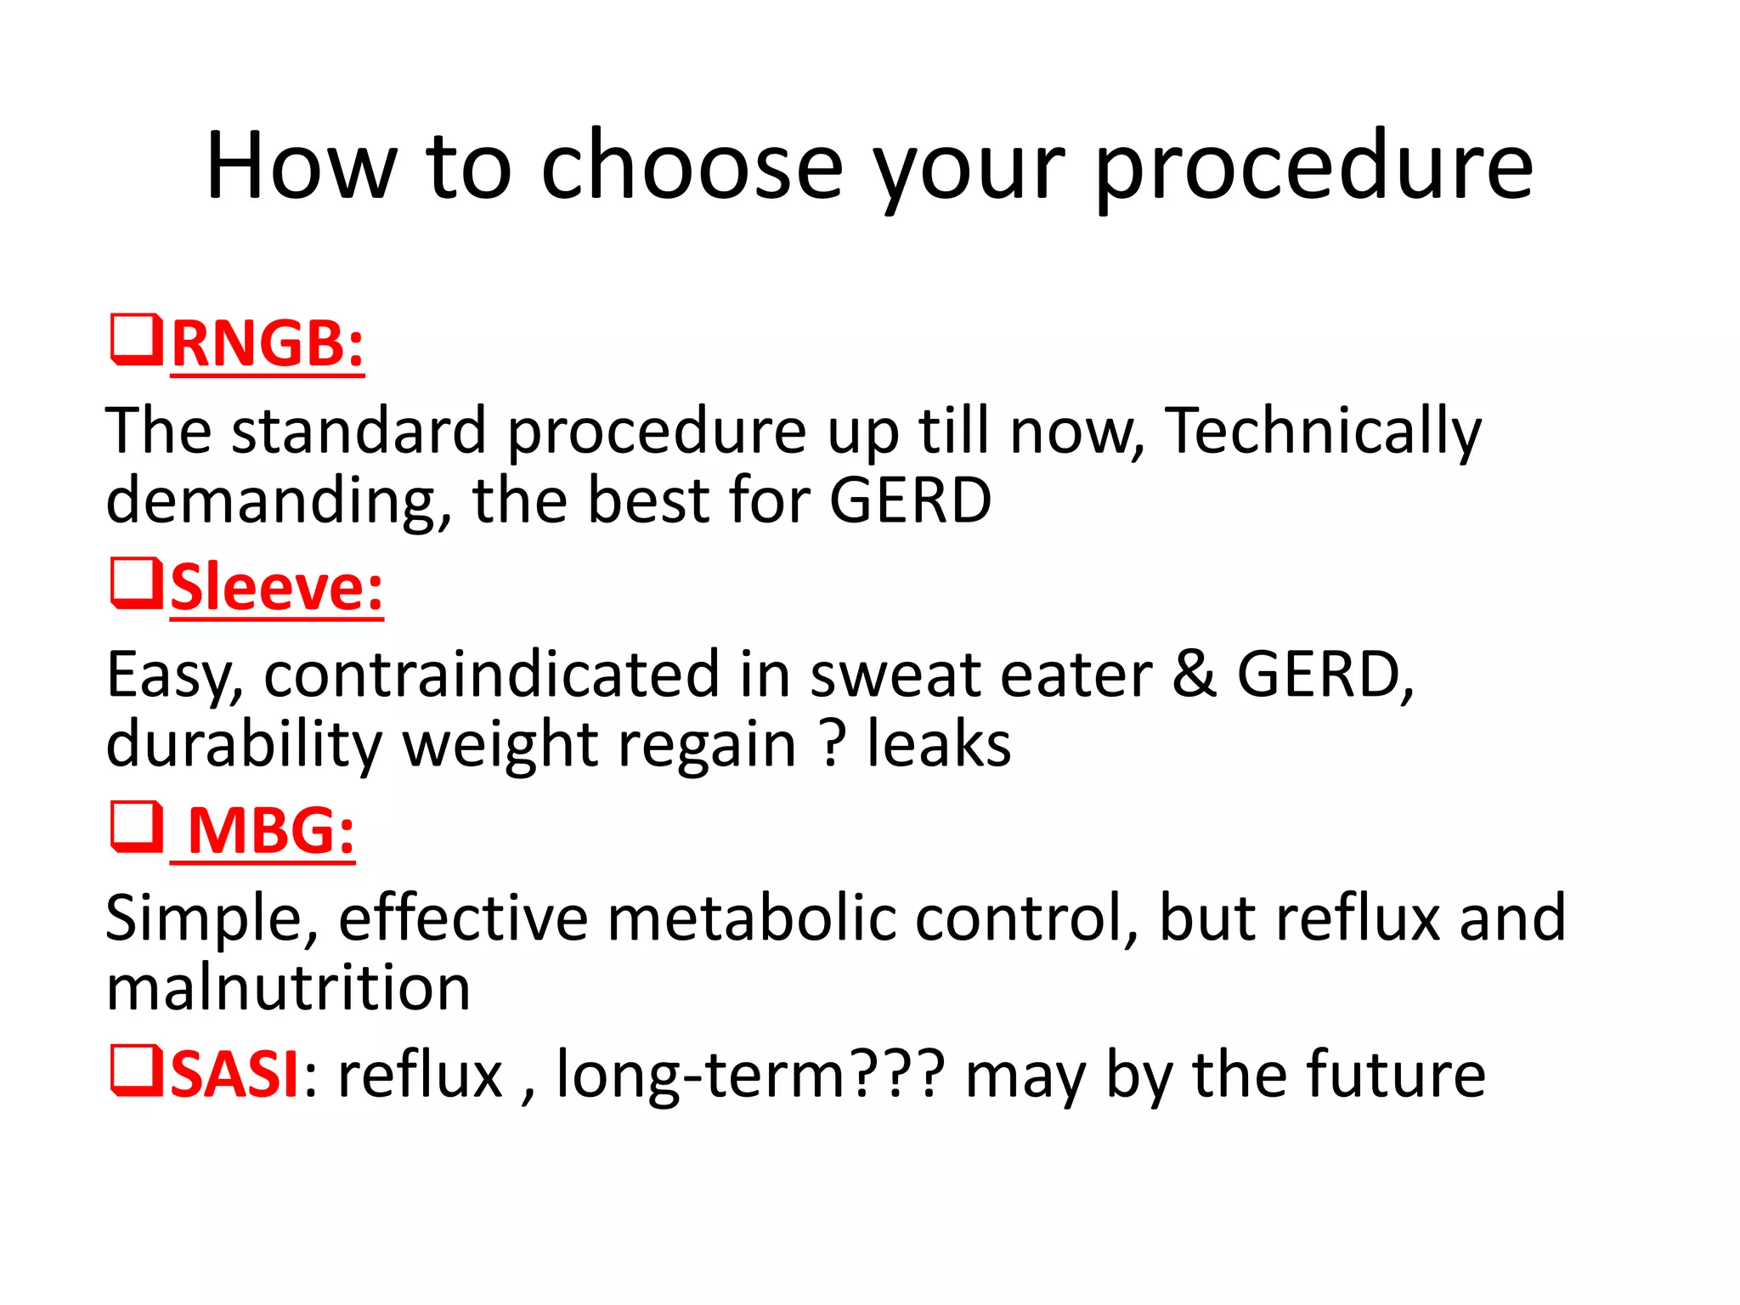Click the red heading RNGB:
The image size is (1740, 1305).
click(x=268, y=344)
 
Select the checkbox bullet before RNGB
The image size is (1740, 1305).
click(x=136, y=340)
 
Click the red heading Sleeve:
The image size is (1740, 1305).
click(x=277, y=588)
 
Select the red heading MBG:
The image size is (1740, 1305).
click(x=270, y=831)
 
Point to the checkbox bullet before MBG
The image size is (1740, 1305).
click(x=136, y=827)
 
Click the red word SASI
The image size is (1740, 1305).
click(x=234, y=1075)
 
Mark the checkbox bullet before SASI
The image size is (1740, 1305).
click(x=136, y=1071)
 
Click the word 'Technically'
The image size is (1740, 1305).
click(x=1322, y=432)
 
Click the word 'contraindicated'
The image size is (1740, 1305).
click(x=492, y=675)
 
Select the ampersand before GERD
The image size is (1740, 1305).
click(x=1194, y=675)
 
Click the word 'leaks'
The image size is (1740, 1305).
click(x=938, y=744)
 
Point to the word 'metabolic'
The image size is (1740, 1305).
click(x=751, y=918)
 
